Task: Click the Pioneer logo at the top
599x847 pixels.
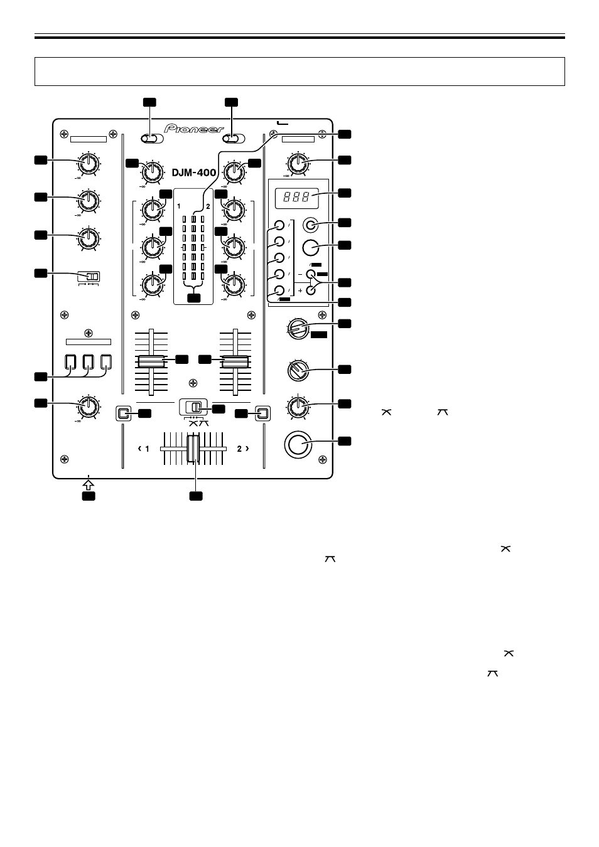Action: pyautogui.click(x=194, y=129)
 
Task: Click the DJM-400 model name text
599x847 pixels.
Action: pyautogui.click(x=194, y=173)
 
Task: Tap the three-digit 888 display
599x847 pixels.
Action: pyautogui.click(x=296, y=197)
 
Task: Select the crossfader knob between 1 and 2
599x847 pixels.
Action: pyautogui.click(x=193, y=449)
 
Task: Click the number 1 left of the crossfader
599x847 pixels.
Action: pyautogui.click(x=147, y=449)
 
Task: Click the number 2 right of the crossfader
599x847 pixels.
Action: pyautogui.click(x=239, y=449)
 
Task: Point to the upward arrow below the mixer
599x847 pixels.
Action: pyautogui.click(x=88, y=485)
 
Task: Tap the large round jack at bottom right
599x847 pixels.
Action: pyautogui.click(x=298, y=444)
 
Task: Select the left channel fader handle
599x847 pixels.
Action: pyautogui.click(x=151, y=361)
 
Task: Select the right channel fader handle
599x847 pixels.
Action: pyautogui.click(x=235, y=361)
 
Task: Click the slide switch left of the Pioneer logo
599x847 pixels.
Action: pyautogui.click(x=152, y=139)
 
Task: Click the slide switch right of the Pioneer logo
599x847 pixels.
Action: pyautogui.click(x=234, y=139)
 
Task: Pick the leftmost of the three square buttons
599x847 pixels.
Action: pyautogui.click(x=70, y=362)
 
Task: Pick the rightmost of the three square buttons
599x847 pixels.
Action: pyautogui.click(x=106, y=362)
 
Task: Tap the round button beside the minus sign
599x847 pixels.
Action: pyautogui.click(x=311, y=274)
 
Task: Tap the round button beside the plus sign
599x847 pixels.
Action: pyautogui.click(x=311, y=290)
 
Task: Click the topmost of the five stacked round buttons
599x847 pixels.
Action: pyautogui.click(x=279, y=225)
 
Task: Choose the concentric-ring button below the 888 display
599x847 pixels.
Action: pyautogui.click(x=311, y=226)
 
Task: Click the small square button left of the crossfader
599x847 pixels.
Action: pyautogui.click(x=123, y=413)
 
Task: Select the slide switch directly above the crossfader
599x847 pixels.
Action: pyautogui.click(x=193, y=407)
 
